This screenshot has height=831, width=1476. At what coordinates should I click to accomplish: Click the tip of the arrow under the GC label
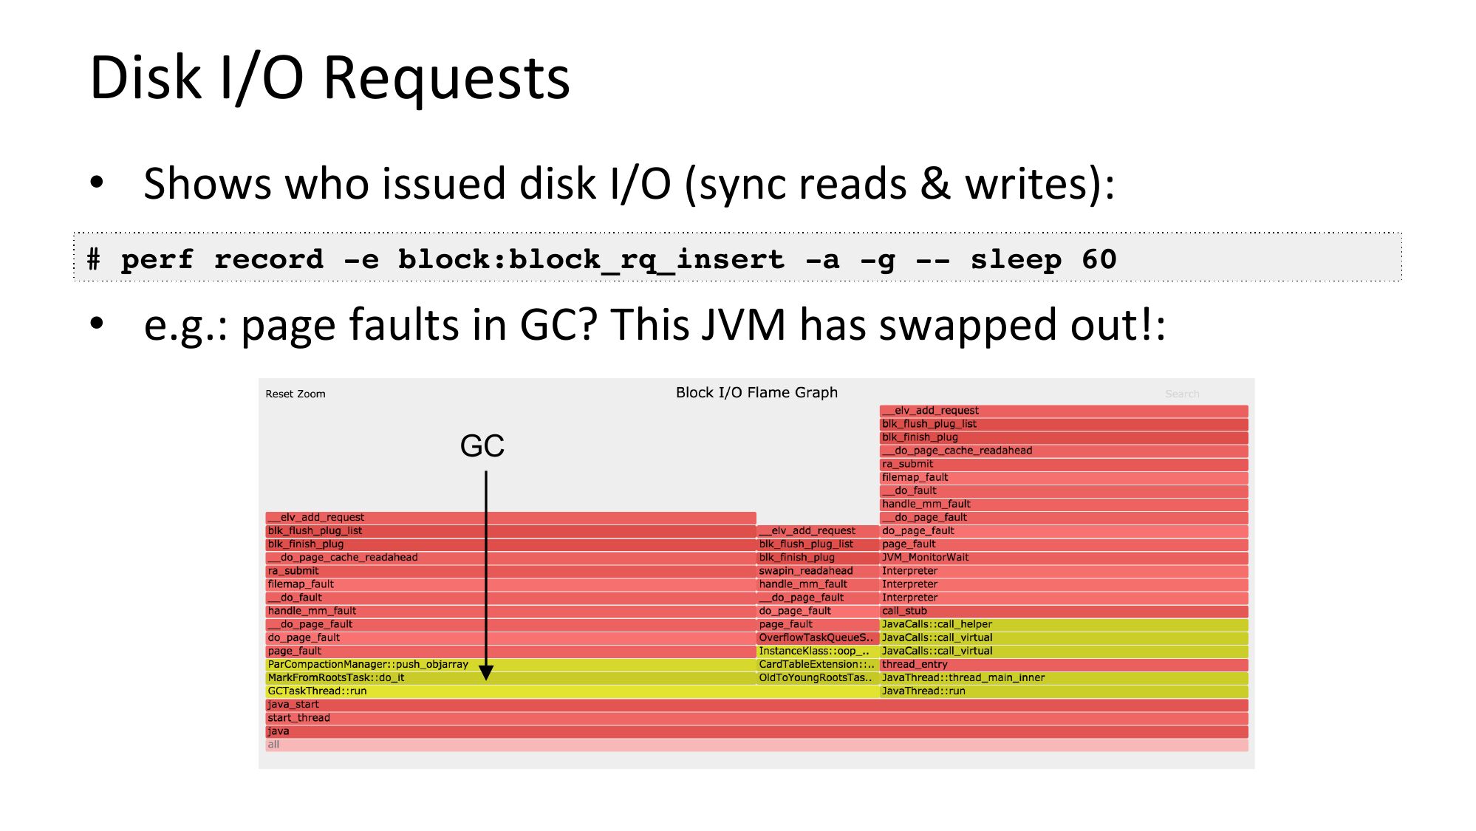[486, 680]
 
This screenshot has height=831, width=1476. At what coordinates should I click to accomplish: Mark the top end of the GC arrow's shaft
[486, 472]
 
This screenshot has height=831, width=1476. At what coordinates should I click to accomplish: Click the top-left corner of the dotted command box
[75, 233]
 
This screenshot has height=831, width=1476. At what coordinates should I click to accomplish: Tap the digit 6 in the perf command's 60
[1090, 259]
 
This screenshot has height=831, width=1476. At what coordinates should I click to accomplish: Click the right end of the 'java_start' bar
[1248, 705]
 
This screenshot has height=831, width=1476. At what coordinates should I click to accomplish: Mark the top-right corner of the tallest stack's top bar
[1248, 405]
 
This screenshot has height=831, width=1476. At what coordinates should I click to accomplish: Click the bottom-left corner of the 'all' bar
[266, 750]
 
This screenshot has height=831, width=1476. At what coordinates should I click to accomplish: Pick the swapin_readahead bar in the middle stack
[818, 571]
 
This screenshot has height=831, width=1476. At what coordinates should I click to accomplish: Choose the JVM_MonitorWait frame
[1064, 558]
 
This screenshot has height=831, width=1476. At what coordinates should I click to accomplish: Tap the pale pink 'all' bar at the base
[756, 745]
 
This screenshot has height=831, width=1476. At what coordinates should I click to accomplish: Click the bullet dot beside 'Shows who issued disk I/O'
[97, 182]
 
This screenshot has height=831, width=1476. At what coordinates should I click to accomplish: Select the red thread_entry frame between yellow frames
[1064, 665]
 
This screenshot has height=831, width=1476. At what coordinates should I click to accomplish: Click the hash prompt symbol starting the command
[94, 259]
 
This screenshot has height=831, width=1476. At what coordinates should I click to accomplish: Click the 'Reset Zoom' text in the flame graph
[295, 394]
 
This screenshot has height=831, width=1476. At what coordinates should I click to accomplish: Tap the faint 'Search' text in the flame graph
[1182, 394]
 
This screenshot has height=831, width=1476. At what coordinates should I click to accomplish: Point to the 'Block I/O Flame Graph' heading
[756, 392]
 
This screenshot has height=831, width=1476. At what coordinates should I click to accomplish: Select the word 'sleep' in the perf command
[1016, 259]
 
